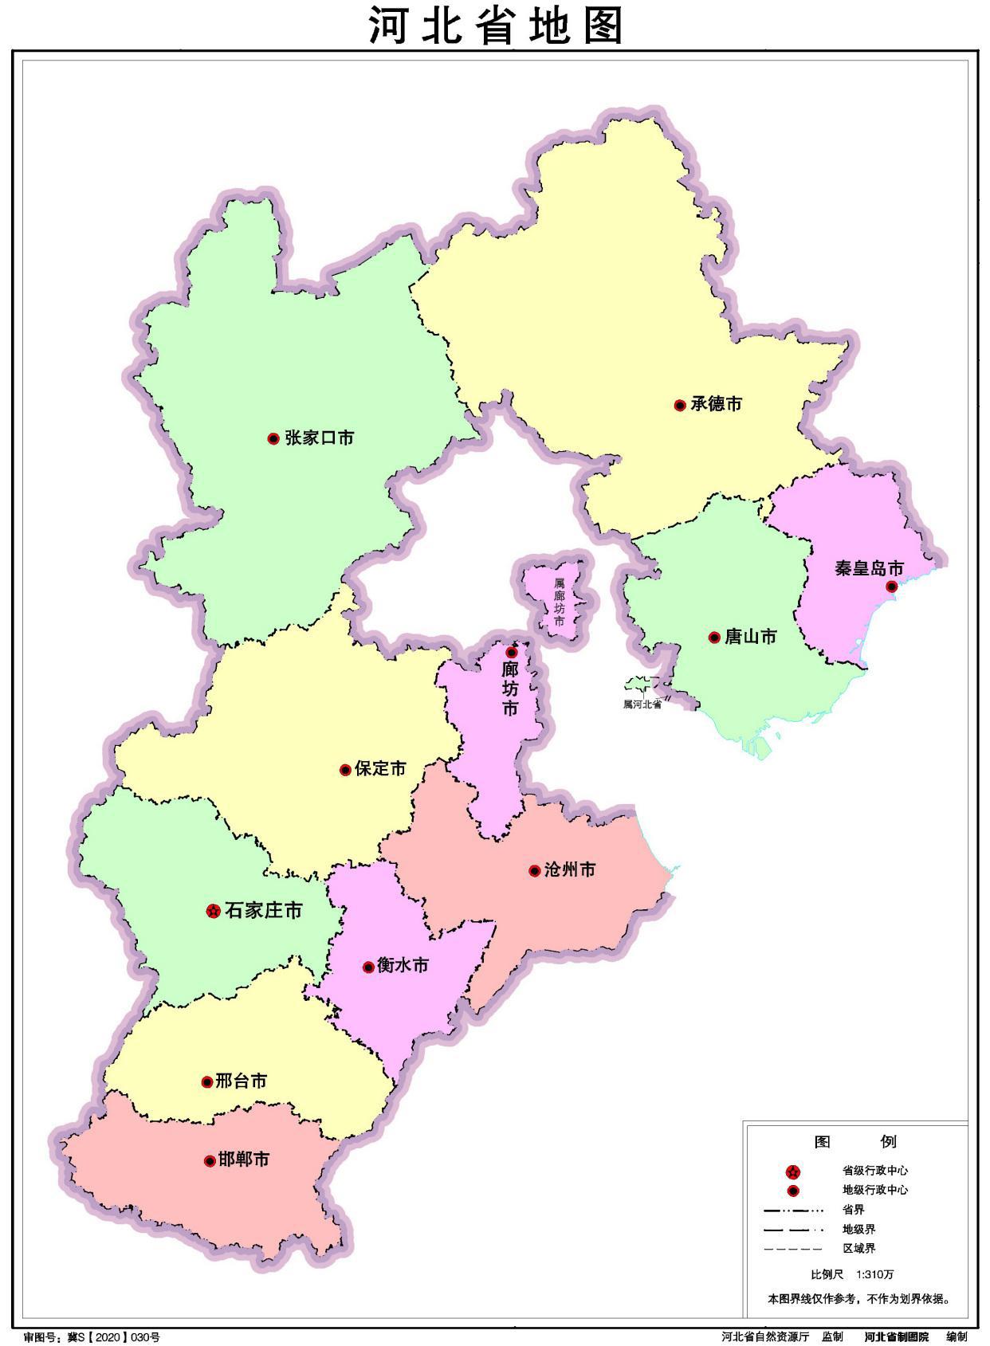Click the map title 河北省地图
(494, 26)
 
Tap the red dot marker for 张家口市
(273, 438)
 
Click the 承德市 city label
(716, 404)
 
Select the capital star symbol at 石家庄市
(213, 911)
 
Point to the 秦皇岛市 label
(869, 568)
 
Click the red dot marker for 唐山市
(714, 638)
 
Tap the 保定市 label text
(380, 769)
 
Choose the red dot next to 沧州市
(535, 871)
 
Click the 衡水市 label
(403, 966)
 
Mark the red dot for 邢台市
(207, 1082)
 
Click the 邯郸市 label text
(243, 1160)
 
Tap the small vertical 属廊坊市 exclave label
(560, 602)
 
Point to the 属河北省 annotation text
(642, 704)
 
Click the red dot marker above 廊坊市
(512, 652)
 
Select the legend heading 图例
(855, 1142)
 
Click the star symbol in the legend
(792, 1171)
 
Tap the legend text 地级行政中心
(874, 1191)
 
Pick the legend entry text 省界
(853, 1210)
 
